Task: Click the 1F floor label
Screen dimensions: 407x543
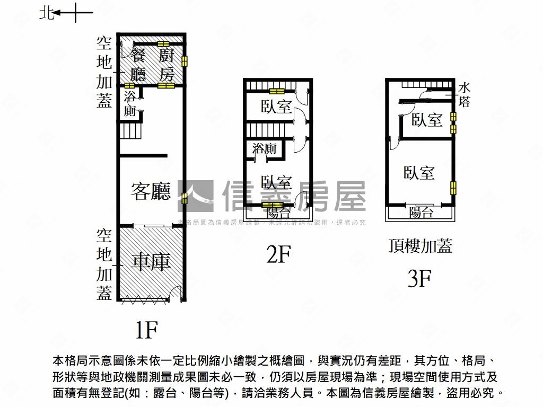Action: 145,330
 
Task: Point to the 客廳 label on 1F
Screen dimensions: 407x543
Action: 151,192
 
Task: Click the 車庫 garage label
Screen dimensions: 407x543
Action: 151,262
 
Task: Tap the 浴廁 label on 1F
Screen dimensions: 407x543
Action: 130,104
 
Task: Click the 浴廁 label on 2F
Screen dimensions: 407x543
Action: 265,149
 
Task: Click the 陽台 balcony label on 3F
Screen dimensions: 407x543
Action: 421,213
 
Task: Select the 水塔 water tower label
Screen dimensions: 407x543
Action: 465,94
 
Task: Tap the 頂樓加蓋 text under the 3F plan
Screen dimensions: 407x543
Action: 420,246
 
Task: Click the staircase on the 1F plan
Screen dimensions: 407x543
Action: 130,130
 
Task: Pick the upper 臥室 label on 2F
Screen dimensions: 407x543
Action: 276,107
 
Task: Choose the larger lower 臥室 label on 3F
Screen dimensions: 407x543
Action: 419,173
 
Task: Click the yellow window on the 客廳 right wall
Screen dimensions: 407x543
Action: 184,198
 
